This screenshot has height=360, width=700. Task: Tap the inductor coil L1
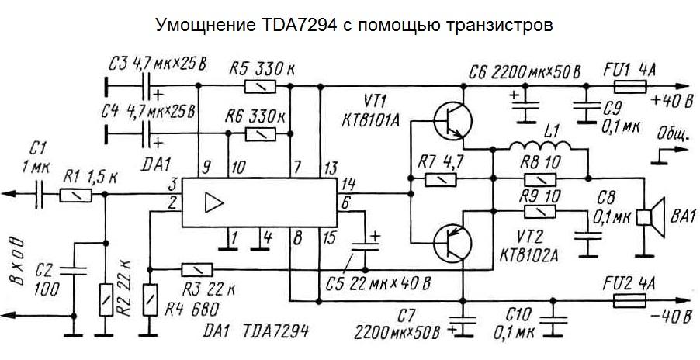point(541,147)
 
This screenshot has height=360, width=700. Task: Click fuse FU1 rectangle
point(625,88)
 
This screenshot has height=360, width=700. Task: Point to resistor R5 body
point(257,87)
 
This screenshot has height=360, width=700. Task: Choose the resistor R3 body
point(194,270)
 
